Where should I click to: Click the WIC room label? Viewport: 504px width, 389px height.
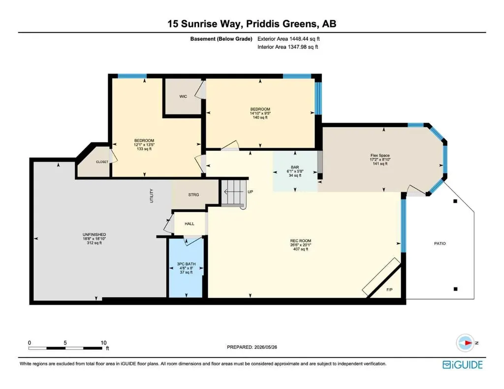183,97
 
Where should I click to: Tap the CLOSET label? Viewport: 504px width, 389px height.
102,162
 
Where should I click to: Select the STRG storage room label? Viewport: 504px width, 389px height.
193,194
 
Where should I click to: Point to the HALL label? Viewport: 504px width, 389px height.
189,224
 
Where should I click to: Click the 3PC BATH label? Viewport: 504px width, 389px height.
186,264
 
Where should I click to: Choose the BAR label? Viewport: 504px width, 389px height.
295,167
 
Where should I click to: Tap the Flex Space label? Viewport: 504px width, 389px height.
380,155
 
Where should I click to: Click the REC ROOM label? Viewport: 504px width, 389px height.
301,241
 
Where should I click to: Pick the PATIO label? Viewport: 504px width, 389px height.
440,244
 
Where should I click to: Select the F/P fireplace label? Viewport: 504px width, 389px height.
389,290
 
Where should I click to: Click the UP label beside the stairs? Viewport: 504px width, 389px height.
251,192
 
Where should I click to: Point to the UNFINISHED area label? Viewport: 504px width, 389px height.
94,235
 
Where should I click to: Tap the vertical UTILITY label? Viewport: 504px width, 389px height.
152,195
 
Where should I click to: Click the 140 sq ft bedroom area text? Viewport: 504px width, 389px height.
260,118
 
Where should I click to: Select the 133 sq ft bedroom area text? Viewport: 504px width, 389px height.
144,149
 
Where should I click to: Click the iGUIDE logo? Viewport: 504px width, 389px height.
463,364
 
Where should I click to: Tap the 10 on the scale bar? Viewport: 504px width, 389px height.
103,343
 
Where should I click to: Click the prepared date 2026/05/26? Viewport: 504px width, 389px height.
265,347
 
